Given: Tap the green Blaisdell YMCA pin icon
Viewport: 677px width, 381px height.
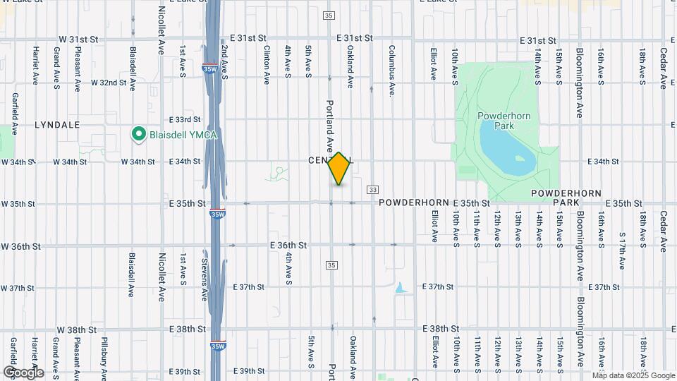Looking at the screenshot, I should [139, 133].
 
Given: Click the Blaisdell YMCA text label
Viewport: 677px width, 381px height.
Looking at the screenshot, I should [175, 133].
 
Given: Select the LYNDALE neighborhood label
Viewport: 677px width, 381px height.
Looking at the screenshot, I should [57, 124].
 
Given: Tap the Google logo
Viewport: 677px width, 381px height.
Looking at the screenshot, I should [23, 372].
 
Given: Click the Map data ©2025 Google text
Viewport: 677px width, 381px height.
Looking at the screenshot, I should [634, 375].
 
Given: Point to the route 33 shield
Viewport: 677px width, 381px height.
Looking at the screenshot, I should [373, 189].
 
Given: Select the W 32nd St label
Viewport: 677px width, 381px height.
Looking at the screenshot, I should [109, 83].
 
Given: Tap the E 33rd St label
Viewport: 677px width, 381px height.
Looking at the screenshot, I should [185, 120].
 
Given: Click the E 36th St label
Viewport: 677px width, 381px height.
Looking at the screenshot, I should [288, 246].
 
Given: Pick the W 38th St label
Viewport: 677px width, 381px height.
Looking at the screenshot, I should [77, 329].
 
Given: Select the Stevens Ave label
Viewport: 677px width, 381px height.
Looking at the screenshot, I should [205, 274].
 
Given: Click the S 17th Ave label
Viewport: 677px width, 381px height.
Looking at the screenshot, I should [622, 250].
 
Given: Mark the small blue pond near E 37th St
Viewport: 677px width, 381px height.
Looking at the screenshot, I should [401, 288].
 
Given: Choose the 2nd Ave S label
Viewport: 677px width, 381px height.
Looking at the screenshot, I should [224, 61].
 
